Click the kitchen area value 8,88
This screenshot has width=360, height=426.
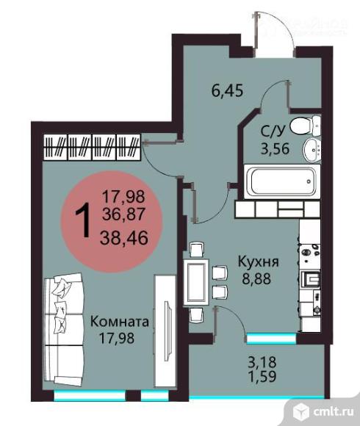[x=256, y=278]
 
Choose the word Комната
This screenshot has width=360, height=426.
[x=120, y=322]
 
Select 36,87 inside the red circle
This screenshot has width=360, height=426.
[x=123, y=214]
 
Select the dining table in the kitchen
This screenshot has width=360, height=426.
[x=198, y=281]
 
